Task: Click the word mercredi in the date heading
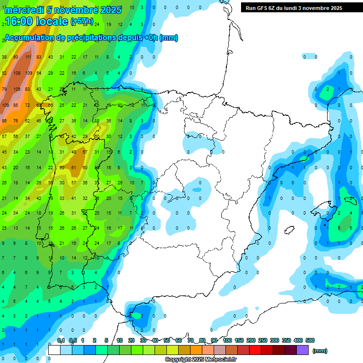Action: [24, 10]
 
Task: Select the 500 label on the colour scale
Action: [310, 340]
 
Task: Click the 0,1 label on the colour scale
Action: [61, 340]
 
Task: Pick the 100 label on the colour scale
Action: [227, 340]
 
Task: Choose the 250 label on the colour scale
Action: [262, 340]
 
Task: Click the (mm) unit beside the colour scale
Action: [320, 351]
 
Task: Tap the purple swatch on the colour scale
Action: [302, 350]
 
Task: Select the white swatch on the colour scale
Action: [54, 350]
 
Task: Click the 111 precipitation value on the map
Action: [28, 57]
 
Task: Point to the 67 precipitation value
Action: [85, 152]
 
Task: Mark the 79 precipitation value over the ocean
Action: [4, 89]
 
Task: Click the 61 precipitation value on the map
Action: [74, 168]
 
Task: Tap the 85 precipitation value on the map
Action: [16, 105]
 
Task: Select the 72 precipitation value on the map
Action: [27, 105]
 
